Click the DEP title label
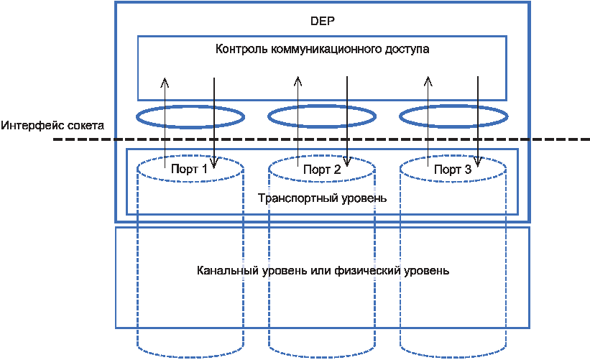pyautogui.click(x=323, y=21)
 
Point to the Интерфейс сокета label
pyautogui.click(x=52, y=125)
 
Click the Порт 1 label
pyautogui.click(x=189, y=170)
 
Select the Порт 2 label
pyautogui.click(x=322, y=170)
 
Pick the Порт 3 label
pyautogui.click(x=453, y=170)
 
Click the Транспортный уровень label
pyautogui.click(x=322, y=198)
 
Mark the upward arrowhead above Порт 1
pyautogui.click(x=165, y=82)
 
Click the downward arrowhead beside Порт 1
pyautogui.click(x=213, y=163)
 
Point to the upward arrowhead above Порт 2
pyautogui.click(x=298, y=81)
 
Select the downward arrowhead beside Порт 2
pyautogui.click(x=347, y=162)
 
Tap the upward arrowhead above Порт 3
pyautogui.click(x=428, y=81)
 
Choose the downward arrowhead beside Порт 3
pyautogui.click(x=477, y=162)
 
